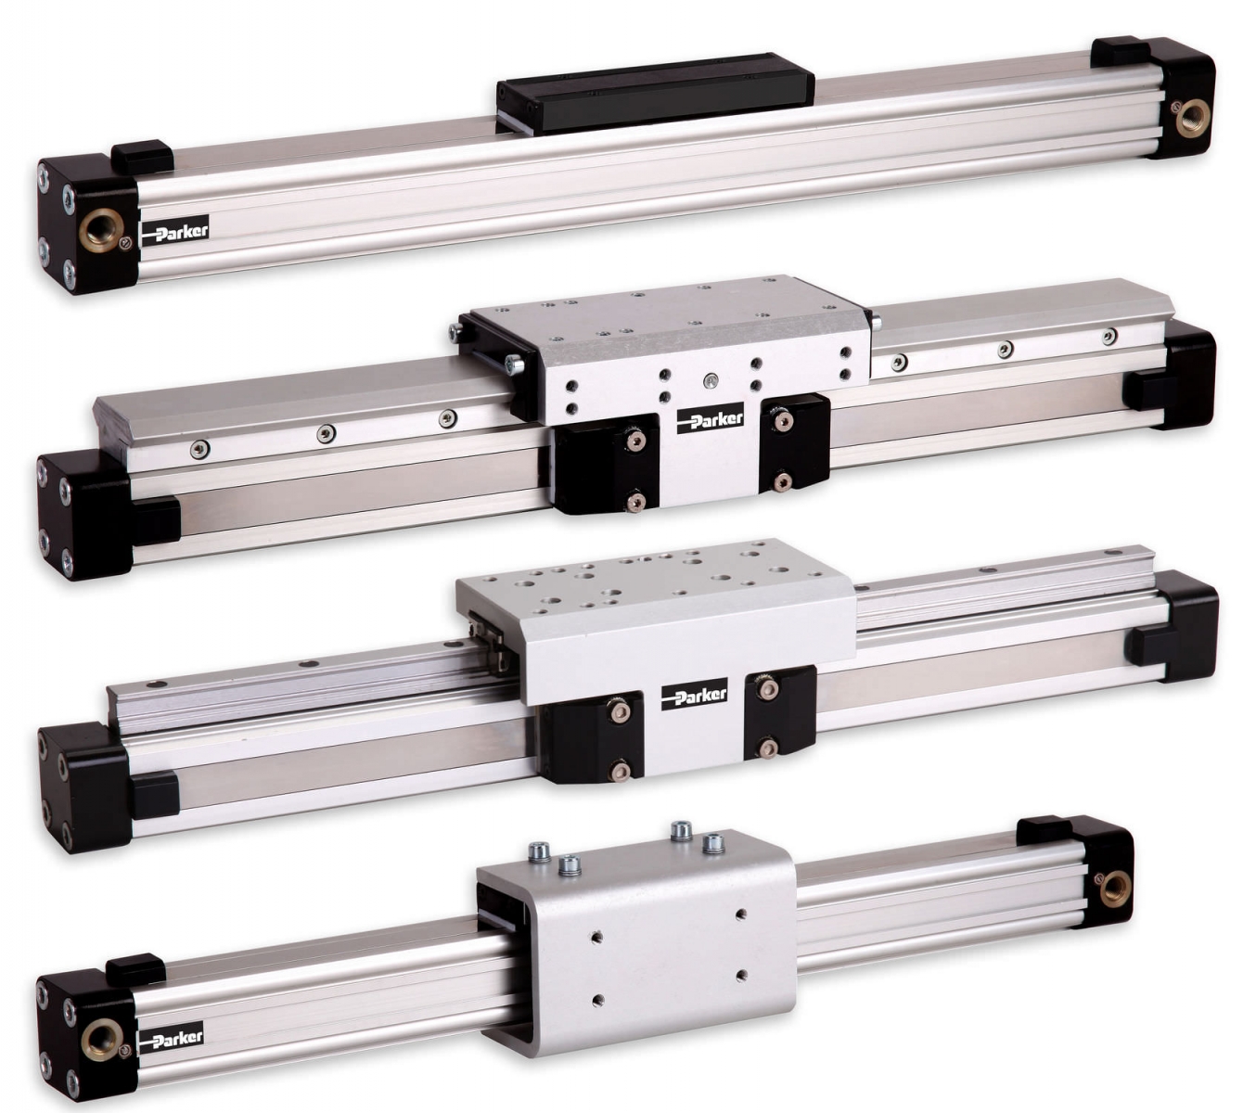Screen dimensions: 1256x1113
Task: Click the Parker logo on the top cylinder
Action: click(175, 231)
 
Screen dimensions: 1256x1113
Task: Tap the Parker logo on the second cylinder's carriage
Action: click(710, 419)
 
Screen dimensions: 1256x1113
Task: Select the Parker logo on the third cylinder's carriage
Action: click(695, 696)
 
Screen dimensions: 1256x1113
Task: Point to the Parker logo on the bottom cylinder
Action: click(171, 1037)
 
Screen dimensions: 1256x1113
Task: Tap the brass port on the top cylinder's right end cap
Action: click(1192, 118)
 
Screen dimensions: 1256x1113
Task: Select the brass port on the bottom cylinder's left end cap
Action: click(100, 1037)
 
